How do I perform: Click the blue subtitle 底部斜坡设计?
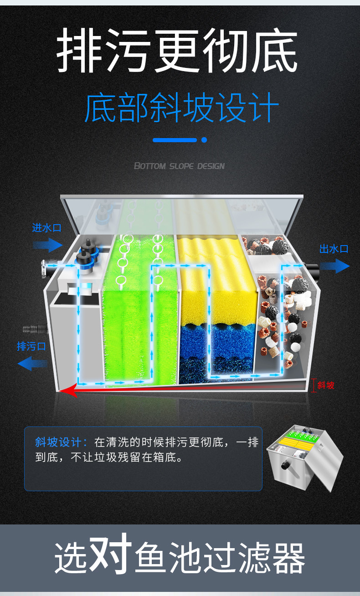[181, 108]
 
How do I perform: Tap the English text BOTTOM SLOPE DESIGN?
[179, 166]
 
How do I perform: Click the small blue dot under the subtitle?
[204, 140]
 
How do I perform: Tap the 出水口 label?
[334, 249]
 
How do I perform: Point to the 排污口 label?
[31, 346]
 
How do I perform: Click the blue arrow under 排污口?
[32, 364]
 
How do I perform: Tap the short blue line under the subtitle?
[174, 140]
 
